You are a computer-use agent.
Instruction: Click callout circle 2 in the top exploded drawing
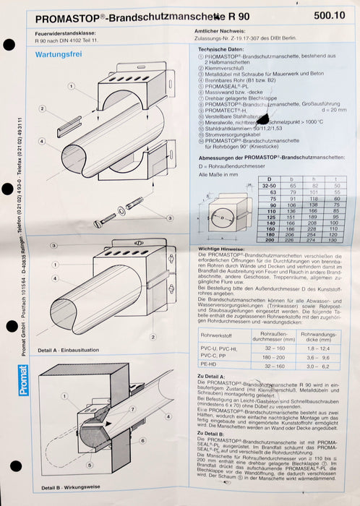(43, 108)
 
